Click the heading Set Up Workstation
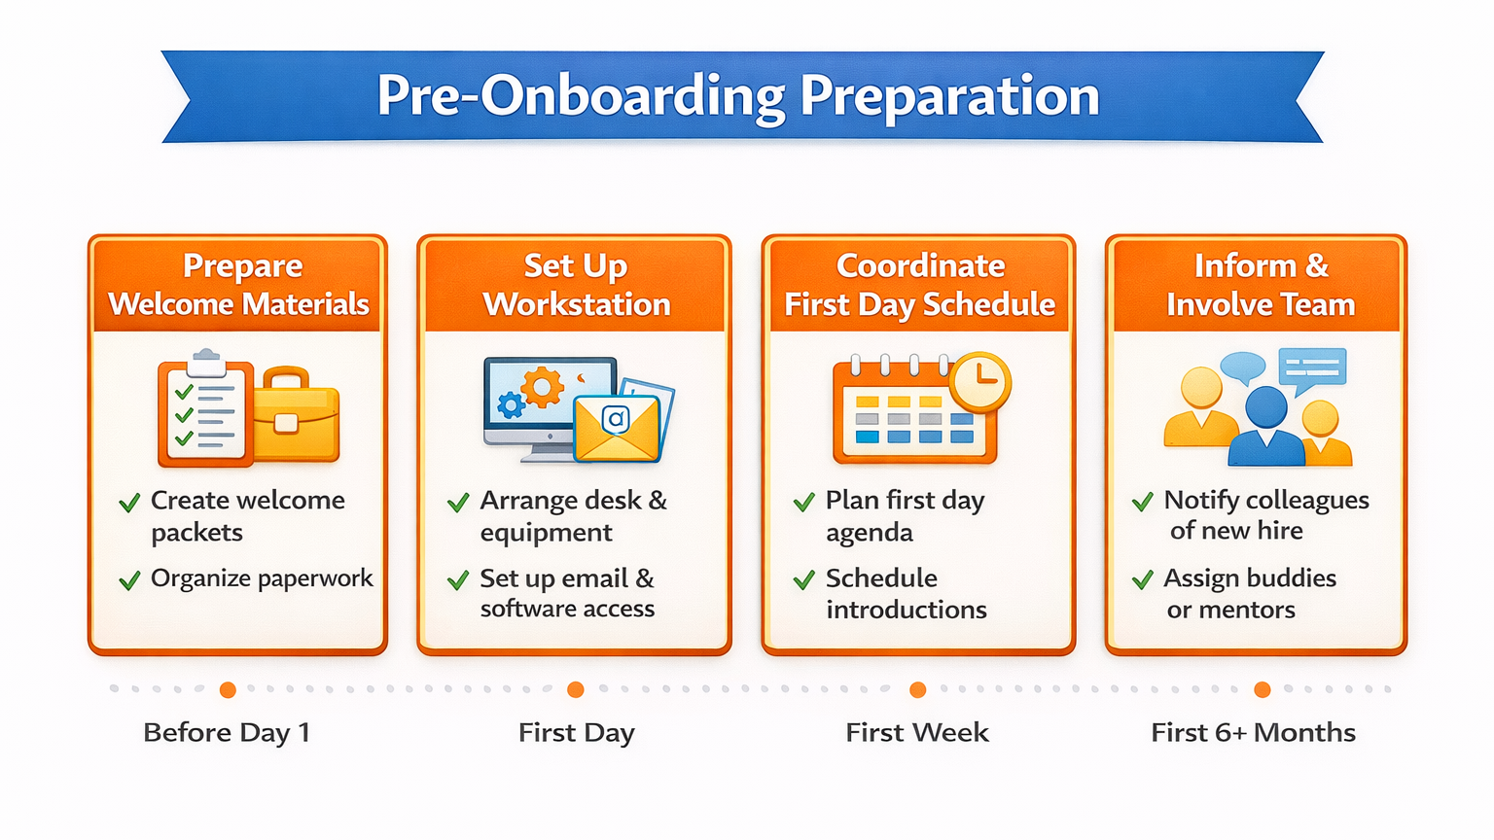tap(576, 285)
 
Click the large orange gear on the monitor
tap(542, 387)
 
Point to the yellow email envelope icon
tap(617, 428)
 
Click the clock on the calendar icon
tap(979, 381)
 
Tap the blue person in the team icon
tap(1265, 428)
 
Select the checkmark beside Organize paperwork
tap(129, 580)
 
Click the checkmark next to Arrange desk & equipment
tap(458, 502)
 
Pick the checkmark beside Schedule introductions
tap(804, 580)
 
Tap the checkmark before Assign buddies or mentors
tap(1143, 579)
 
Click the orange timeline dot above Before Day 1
tap(229, 690)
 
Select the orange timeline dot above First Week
tap(918, 690)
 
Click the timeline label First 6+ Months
tap(1253, 733)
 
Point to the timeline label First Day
tap(576, 733)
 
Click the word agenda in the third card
tap(869, 534)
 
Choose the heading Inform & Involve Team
tap(1261, 285)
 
